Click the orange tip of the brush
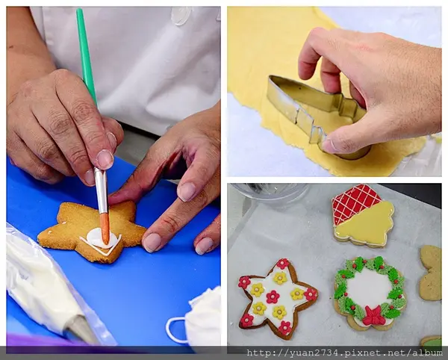tap(105, 228)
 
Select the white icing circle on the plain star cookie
tap(99, 238)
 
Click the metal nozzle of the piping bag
tap(80, 329)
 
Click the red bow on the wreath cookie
tap(373, 316)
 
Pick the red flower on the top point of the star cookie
tap(282, 264)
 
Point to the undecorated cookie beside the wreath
tap(430, 273)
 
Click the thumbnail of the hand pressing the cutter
tap(335, 91)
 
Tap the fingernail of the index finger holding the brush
tap(105, 159)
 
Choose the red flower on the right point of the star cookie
tap(311, 294)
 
